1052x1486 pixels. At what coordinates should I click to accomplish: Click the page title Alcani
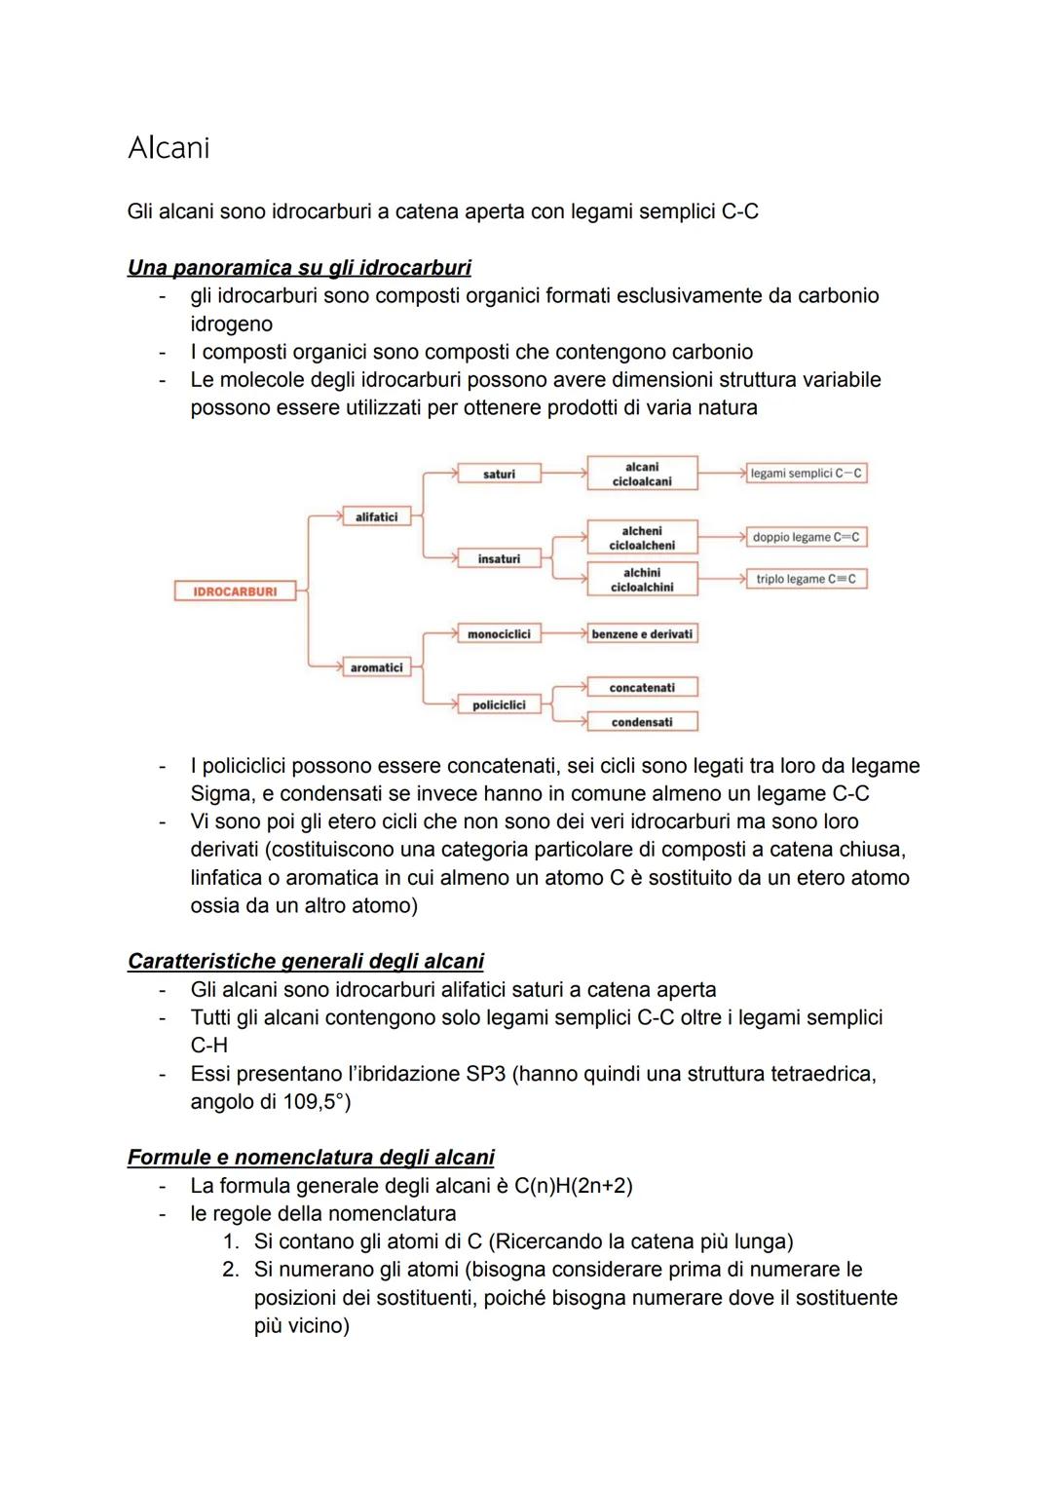coord(169,148)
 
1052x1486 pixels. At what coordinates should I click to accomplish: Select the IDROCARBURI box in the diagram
coord(235,591)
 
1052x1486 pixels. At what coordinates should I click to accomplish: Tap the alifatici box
coord(376,517)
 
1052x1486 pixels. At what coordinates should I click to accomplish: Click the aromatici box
coord(376,667)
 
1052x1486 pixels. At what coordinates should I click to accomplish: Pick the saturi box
coord(499,474)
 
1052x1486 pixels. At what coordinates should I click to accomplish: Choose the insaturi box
coord(499,559)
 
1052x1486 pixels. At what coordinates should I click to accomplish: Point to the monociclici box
coord(499,634)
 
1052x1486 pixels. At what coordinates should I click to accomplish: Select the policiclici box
coord(499,705)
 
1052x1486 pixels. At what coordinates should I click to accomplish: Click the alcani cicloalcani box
coord(642,474)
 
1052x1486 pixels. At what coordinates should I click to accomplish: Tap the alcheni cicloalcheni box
coord(642,538)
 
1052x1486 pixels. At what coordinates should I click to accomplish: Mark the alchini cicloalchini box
coord(642,580)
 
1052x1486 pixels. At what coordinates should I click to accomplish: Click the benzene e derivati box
coord(642,634)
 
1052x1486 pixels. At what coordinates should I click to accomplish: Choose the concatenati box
coord(642,688)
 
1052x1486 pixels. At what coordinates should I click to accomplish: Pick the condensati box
coord(642,722)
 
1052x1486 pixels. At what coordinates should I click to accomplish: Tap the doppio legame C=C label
coord(807,537)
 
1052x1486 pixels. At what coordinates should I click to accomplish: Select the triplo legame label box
coord(807,579)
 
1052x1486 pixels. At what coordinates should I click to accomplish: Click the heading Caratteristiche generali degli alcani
coord(306,962)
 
